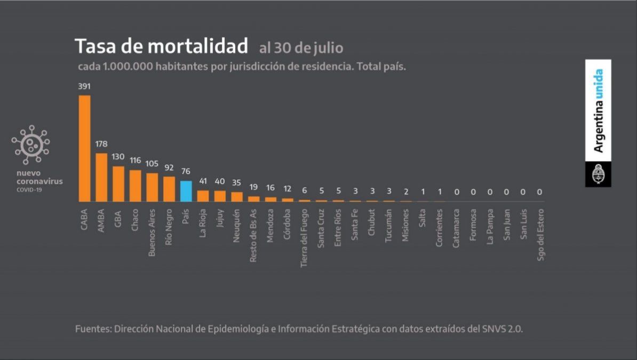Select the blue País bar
186,191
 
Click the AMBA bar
101,177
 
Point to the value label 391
84,86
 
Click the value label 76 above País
186,171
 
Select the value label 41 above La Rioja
203,181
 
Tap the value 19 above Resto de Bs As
253,187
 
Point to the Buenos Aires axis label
152,233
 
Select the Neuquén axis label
236,227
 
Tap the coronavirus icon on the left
31,145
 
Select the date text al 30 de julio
301,48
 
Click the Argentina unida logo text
598,110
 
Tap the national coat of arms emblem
598,174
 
